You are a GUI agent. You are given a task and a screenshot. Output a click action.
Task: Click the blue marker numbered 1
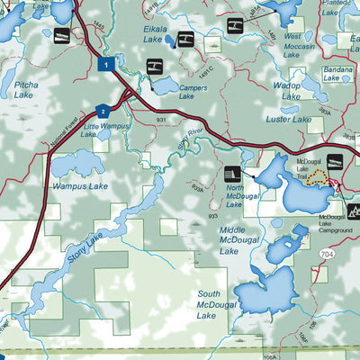[106, 64]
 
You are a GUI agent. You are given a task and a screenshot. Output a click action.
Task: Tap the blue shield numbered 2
[103, 111]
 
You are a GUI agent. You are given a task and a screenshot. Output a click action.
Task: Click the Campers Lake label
[194, 92]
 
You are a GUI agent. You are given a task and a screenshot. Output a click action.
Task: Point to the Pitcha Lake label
[25, 88]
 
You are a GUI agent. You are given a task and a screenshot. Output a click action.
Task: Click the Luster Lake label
[289, 119]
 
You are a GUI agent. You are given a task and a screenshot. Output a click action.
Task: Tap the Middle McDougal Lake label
[239, 240]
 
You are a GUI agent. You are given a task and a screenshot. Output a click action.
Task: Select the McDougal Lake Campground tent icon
[352, 211]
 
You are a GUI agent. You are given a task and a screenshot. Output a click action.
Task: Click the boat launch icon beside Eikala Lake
[184, 39]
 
